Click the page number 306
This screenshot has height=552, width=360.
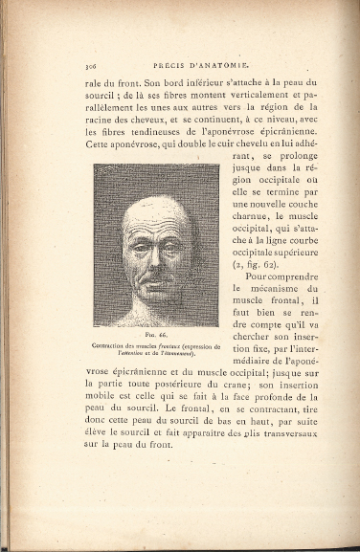(92, 65)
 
